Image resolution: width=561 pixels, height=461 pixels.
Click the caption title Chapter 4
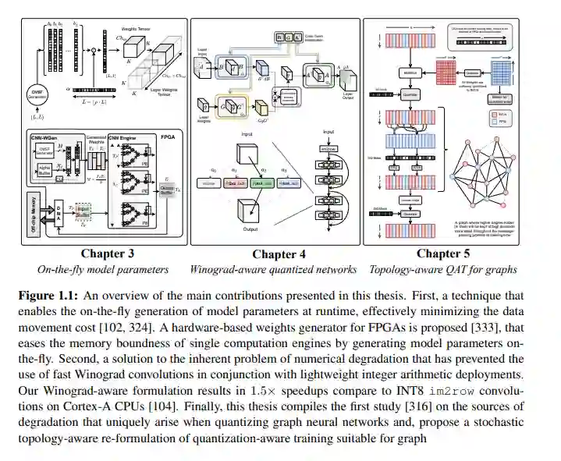(x=274, y=254)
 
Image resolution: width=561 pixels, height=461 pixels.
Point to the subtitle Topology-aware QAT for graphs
(x=443, y=270)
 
